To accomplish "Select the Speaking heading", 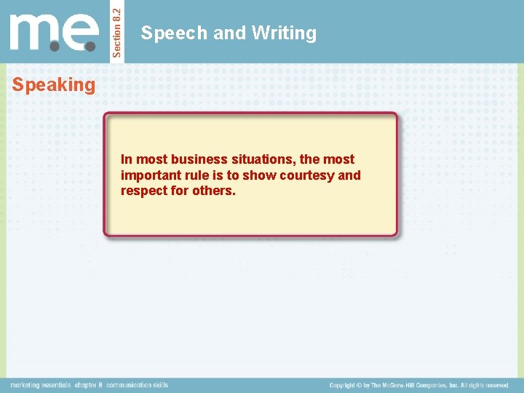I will click(54, 85).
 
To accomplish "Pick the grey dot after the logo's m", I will click(55, 45).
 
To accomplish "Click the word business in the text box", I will click(199, 159).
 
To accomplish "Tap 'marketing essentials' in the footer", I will click(40, 385).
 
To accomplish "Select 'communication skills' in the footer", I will click(137, 385).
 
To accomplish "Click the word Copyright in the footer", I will click(346, 385).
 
